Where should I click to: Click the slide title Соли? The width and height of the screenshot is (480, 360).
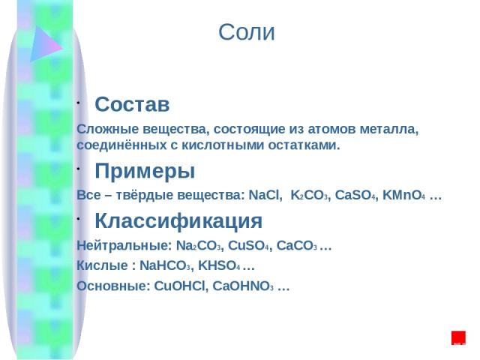247,32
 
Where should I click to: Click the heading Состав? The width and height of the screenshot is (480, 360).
132,104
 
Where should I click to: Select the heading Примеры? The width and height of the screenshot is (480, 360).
145,171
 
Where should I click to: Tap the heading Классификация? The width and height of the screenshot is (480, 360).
178,221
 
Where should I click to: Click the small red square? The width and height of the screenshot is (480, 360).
458,337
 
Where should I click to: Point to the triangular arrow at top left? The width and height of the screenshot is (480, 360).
45,44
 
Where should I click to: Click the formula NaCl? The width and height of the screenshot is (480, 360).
265,195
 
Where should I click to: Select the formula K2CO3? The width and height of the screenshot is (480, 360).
310,195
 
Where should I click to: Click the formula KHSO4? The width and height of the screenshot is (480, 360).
219,265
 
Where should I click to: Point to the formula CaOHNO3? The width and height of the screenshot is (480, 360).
243,286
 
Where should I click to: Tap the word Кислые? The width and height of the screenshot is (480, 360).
102,265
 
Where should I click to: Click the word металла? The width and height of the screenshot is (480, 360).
388,129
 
